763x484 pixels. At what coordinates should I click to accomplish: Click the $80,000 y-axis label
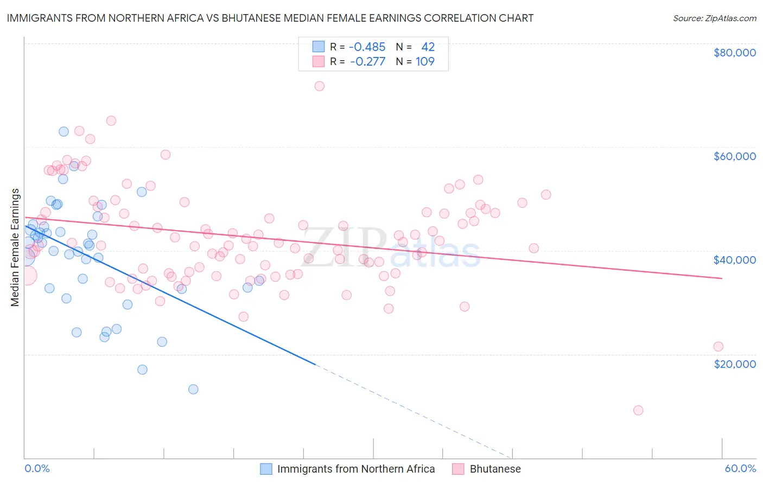click(734, 53)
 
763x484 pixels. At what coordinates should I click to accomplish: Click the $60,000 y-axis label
click(734, 156)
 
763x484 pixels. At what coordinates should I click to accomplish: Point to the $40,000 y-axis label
click(734, 260)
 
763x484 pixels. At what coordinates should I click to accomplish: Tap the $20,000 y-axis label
click(734, 364)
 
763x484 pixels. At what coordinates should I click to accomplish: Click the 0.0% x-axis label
click(37, 468)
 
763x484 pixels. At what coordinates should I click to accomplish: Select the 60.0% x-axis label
click(740, 468)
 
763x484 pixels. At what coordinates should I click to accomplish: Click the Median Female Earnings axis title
click(15, 247)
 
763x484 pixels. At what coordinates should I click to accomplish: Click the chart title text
click(270, 18)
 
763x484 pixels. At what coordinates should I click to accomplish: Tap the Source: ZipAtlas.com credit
click(714, 18)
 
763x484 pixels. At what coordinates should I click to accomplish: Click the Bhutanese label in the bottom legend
click(495, 469)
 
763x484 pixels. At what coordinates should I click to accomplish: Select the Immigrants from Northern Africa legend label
click(355, 469)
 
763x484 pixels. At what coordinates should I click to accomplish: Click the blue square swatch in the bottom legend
click(266, 469)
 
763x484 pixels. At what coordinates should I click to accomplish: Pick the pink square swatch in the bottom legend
click(459, 469)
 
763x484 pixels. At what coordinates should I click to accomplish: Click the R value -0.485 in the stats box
click(367, 47)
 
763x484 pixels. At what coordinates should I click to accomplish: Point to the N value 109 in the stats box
click(425, 61)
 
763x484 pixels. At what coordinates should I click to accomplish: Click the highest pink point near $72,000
click(320, 86)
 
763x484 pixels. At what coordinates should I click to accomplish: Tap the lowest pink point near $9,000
click(638, 410)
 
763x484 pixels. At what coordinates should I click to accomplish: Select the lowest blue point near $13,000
click(193, 389)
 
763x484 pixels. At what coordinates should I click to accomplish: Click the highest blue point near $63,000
click(63, 131)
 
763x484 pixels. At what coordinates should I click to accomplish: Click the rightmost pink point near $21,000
click(718, 347)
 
